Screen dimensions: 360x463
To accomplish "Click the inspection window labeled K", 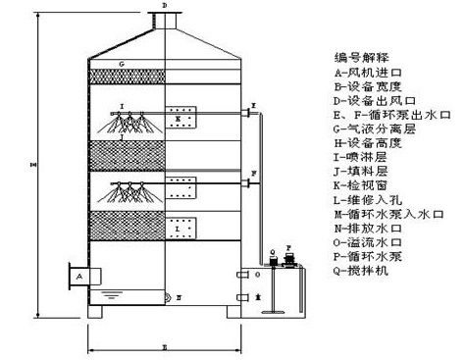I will coord(181,118).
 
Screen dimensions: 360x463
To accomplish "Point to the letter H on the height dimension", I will coord(34,164).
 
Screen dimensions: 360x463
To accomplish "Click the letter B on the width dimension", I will coord(164,346).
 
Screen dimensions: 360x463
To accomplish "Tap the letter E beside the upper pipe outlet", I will coord(253,104).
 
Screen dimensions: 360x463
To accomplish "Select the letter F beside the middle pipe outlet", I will coord(254,174).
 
